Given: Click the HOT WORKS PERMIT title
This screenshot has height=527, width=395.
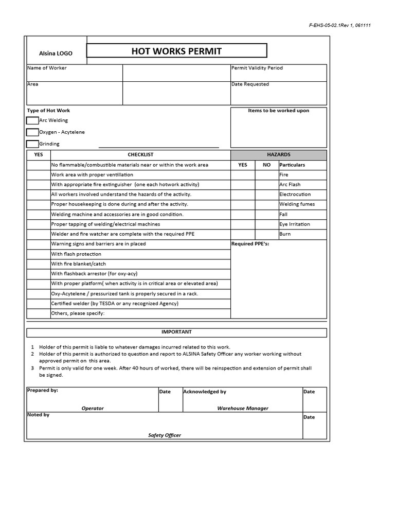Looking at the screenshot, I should coord(176,50).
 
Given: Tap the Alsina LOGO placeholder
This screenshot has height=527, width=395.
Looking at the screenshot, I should coord(56,54).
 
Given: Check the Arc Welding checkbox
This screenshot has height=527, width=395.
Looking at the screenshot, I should coord(32,120).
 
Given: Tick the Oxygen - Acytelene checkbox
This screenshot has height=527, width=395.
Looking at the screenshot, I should coord(32,132).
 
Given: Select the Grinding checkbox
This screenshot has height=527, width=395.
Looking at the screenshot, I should coord(32,144).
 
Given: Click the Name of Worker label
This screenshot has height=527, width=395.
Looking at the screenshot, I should coord(47,68).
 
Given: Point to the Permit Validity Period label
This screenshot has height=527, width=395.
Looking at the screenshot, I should coord(257,68).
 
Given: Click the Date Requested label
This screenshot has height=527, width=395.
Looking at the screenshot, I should coord(250,84).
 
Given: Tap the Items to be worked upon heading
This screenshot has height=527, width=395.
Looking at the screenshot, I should coord(278,111).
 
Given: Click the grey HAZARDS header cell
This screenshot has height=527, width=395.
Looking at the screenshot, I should coord(278,154).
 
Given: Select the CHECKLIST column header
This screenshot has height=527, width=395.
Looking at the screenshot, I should coord(140,154).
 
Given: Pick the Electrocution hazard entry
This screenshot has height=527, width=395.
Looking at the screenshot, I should coord(295,195).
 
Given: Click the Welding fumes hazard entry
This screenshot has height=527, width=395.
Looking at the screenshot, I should coord(297,204).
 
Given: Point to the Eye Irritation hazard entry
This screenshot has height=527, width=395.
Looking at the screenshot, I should coord(295,224).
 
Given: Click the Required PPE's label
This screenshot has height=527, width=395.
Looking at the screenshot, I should coord(250,244).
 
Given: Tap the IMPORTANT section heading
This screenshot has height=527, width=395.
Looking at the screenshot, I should coord(176,332).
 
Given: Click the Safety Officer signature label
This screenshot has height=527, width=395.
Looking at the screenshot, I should coord(165,435).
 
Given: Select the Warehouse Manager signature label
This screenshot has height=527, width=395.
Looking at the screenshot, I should coord(243,408).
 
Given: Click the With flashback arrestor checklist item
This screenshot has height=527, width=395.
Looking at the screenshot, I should coord(94,274).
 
